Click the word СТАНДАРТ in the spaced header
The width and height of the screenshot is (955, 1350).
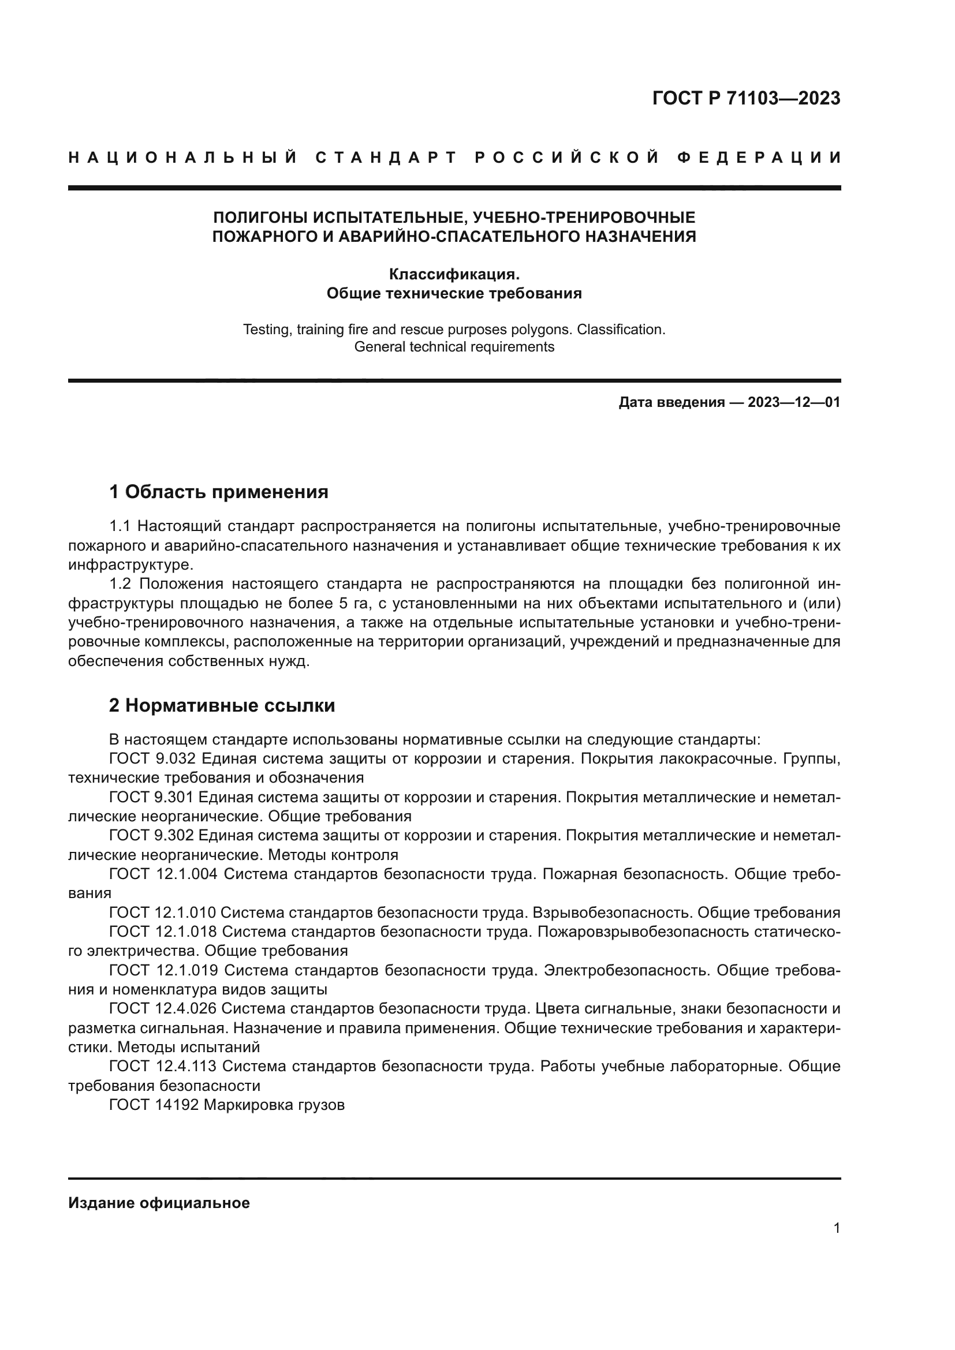(x=386, y=158)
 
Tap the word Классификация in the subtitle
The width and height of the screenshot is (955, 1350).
(x=453, y=274)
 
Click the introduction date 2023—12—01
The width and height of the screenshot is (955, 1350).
(x=794, y=402)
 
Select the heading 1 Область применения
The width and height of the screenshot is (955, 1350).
(x=219, y=492)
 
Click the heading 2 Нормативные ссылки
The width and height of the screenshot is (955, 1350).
(x=222, y=705)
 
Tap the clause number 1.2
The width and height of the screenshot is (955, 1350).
(x=122, y=584)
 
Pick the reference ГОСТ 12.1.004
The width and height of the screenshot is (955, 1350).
(x=163, y=874)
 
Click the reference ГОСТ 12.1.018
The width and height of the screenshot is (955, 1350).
(x=163, y=932)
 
